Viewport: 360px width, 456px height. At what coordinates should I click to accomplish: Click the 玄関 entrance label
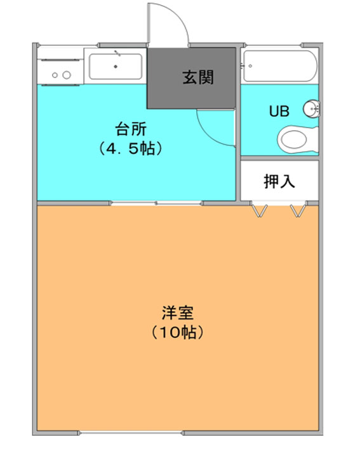coord(198,77)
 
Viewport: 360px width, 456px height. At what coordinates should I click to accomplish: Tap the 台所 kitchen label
coord(131,129)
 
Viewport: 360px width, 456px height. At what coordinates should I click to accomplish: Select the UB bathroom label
coord(279,111)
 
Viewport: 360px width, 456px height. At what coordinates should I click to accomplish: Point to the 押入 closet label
coord(279,181)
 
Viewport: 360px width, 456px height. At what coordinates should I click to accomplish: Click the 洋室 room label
coord(177,312)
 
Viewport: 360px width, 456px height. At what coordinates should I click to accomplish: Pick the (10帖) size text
coord(177,332)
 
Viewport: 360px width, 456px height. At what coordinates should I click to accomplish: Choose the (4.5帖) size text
coord(131,149)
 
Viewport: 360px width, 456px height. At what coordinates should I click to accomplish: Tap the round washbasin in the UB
coord(311,109)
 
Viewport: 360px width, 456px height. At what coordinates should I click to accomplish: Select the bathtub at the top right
coord(281,66)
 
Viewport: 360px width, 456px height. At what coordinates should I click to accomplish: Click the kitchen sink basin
coord(116,67)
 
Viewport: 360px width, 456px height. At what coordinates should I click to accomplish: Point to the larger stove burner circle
coord(67,75)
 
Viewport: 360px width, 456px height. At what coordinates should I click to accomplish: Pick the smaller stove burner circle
coord(55,76)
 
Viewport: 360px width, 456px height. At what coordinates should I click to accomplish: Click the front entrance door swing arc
coord(177,16)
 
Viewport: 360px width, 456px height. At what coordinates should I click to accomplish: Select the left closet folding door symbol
coord(259,211)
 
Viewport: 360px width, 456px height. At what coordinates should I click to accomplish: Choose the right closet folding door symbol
coord(298,211)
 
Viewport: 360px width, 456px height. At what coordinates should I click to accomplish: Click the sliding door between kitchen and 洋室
coord(156,203)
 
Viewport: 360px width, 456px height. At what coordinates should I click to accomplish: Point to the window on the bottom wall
coord(131,433)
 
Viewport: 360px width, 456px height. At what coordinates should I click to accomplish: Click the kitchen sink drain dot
coord(116,67)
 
